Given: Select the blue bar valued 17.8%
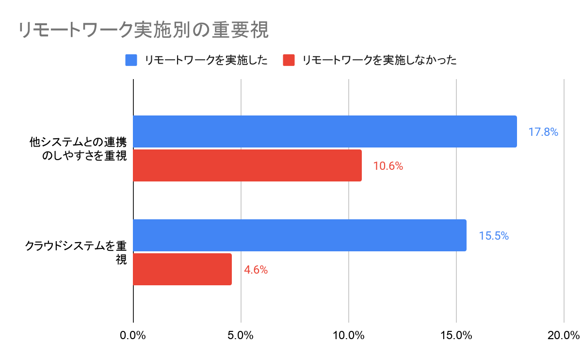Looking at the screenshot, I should [x=325, y=131].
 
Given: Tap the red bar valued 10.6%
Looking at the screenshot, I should [x=247, y=165].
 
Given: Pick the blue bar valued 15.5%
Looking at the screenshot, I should [x=300, y=235].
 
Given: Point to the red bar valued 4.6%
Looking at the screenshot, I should [x=182, y=269].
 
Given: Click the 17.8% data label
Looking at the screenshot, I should [x=543, y=131].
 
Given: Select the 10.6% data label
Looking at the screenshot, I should [x=388, y=166].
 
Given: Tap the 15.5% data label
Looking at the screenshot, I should [x=494, y=236].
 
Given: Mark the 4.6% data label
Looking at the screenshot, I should [x=256, y=270].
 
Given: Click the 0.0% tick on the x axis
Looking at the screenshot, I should [x=133, y=335].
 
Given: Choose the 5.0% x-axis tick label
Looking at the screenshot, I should [x=241, y=335].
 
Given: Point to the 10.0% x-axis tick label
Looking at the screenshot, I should [x=349, y=335].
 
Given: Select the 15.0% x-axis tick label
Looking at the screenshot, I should [x=456, y=335].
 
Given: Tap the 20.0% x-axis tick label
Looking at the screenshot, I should [x=564, y=335].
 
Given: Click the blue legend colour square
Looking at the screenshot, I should [x=131, y=60].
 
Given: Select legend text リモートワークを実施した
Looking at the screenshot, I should [x=206, y=60].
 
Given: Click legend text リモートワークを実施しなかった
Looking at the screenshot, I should [x=379, y=60].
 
